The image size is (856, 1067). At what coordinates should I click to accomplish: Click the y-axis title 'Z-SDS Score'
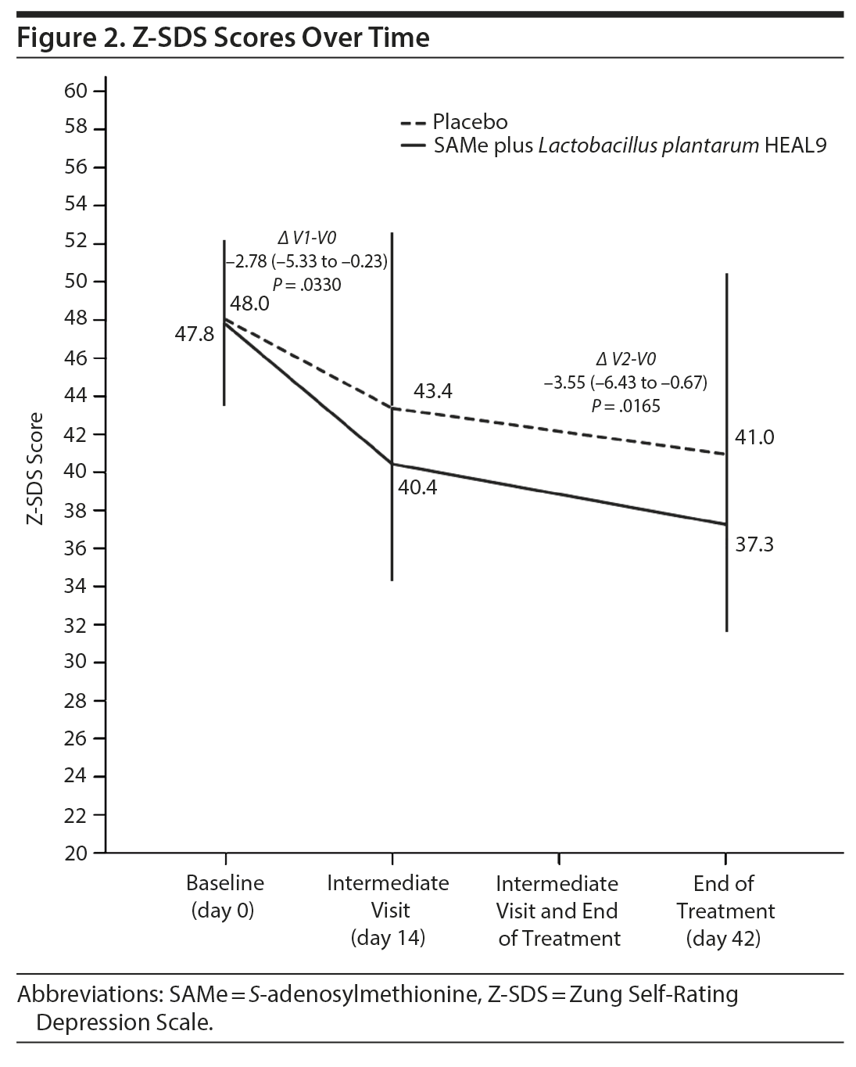coord(36,469)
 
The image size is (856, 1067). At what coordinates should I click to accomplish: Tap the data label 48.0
coord(249,304)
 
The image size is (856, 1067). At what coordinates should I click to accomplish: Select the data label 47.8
coord(194,335)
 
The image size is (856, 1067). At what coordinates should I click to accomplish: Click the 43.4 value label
coord(433,391)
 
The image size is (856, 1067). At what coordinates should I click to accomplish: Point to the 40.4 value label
coord(417,488)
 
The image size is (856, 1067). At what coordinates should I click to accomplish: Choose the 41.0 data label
coord(754,437)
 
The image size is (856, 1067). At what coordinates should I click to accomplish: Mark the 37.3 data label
coord(754,544)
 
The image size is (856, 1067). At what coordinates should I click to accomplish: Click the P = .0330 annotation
coord(306,285)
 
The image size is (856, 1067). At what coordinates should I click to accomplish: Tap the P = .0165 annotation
coord(625,406)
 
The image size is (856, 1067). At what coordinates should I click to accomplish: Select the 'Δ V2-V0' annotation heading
coord(625,359)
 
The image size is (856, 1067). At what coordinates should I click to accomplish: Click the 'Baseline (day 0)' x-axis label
coord(224,896)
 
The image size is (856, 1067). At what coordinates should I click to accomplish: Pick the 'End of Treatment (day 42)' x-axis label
coord(724,911)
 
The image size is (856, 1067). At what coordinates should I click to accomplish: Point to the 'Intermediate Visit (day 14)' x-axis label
coord(389,911)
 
